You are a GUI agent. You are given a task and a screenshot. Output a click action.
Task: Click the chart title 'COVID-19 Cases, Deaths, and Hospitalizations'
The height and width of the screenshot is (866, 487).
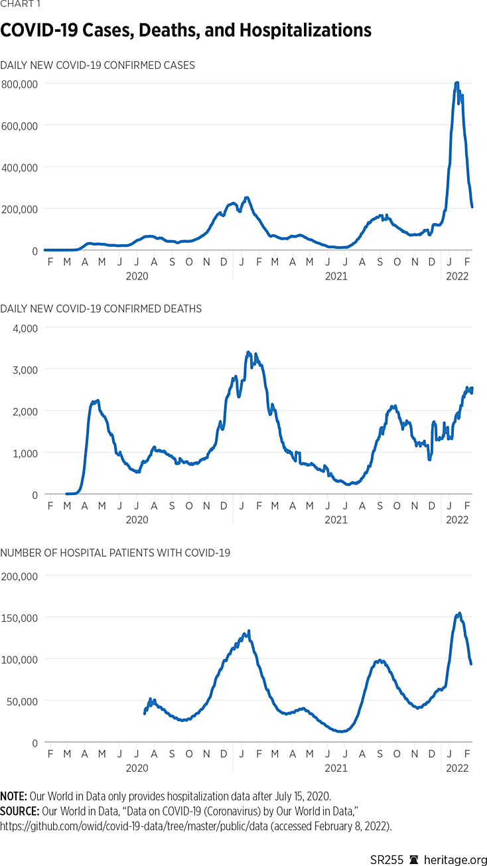click(x=186, y=31)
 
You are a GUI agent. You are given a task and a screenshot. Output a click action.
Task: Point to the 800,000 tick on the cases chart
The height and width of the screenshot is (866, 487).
click(x=20, y=84)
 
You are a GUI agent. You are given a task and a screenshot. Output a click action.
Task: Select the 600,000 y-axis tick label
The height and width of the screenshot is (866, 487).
click(x=20, y=125)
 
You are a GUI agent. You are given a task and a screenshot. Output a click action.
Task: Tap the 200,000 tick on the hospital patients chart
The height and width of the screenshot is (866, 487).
click(x=20, y=576)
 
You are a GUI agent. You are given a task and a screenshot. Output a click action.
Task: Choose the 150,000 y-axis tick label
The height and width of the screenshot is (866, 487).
click(x=20, y=618)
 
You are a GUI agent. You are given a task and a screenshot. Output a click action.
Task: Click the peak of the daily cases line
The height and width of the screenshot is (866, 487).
click(x=456, y=83)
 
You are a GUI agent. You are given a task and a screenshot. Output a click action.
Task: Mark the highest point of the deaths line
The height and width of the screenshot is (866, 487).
click(x=248, y=352)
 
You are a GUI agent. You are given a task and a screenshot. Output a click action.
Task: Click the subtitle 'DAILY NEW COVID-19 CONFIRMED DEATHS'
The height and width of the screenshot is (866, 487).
click(x=101, y=309)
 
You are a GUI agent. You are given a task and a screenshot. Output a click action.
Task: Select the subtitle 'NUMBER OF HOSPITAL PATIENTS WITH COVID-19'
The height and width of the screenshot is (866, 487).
click(x=115, y=553)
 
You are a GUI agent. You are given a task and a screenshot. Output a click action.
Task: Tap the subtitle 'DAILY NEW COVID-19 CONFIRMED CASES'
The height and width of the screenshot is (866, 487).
click(x=98, y=65)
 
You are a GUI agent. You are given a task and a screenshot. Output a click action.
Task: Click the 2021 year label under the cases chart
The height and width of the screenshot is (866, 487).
click(x=336, y=275)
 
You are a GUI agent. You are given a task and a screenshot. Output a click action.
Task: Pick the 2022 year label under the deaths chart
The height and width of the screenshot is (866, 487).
click(x=457, y=520)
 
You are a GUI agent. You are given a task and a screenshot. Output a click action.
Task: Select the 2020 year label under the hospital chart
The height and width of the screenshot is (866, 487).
click(x=137, y=767)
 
